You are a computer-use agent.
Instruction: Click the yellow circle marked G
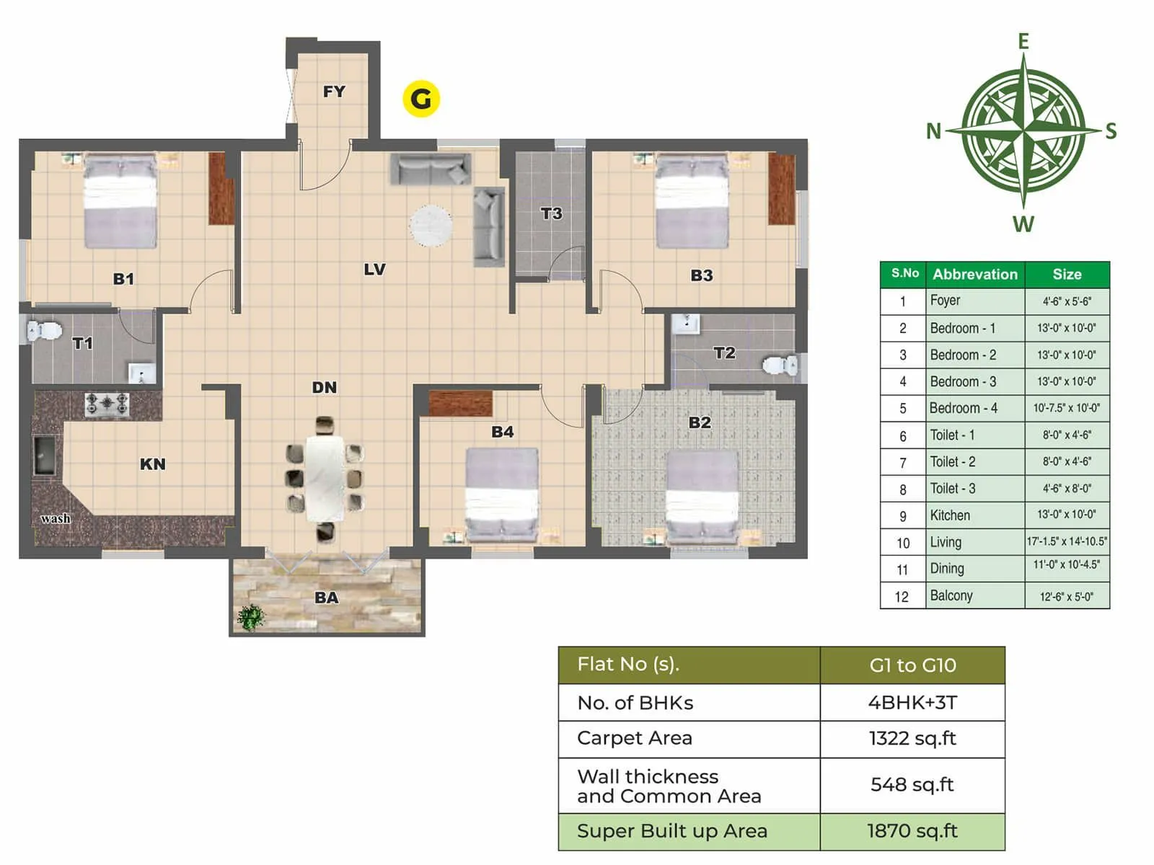(421, 99)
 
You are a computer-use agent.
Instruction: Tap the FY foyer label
(334, 92)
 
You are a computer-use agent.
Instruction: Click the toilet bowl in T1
(45, 331)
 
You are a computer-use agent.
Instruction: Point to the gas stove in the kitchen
(107, 404)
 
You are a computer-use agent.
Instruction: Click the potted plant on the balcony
(250, 617)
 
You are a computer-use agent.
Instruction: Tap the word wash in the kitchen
(56, 518)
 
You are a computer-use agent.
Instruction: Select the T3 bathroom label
(551, 213)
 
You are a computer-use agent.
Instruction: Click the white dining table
(324, 477)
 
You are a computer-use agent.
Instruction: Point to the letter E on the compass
(1023, 42)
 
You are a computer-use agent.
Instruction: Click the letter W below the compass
(1023, 224)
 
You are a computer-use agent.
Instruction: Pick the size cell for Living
(1067, 541)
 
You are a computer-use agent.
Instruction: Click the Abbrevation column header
(974, 274)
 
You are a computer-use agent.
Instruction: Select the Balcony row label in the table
(951, 595)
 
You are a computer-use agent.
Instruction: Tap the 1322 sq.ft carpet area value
(912, 738)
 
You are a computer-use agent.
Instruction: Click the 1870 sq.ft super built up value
(912, 831)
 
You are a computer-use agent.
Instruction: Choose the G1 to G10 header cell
(912, 665)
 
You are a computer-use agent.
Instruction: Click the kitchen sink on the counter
(45, 455)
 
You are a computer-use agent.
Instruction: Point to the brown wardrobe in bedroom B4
(460, 403)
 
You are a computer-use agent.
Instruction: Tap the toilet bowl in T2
(780, 365)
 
